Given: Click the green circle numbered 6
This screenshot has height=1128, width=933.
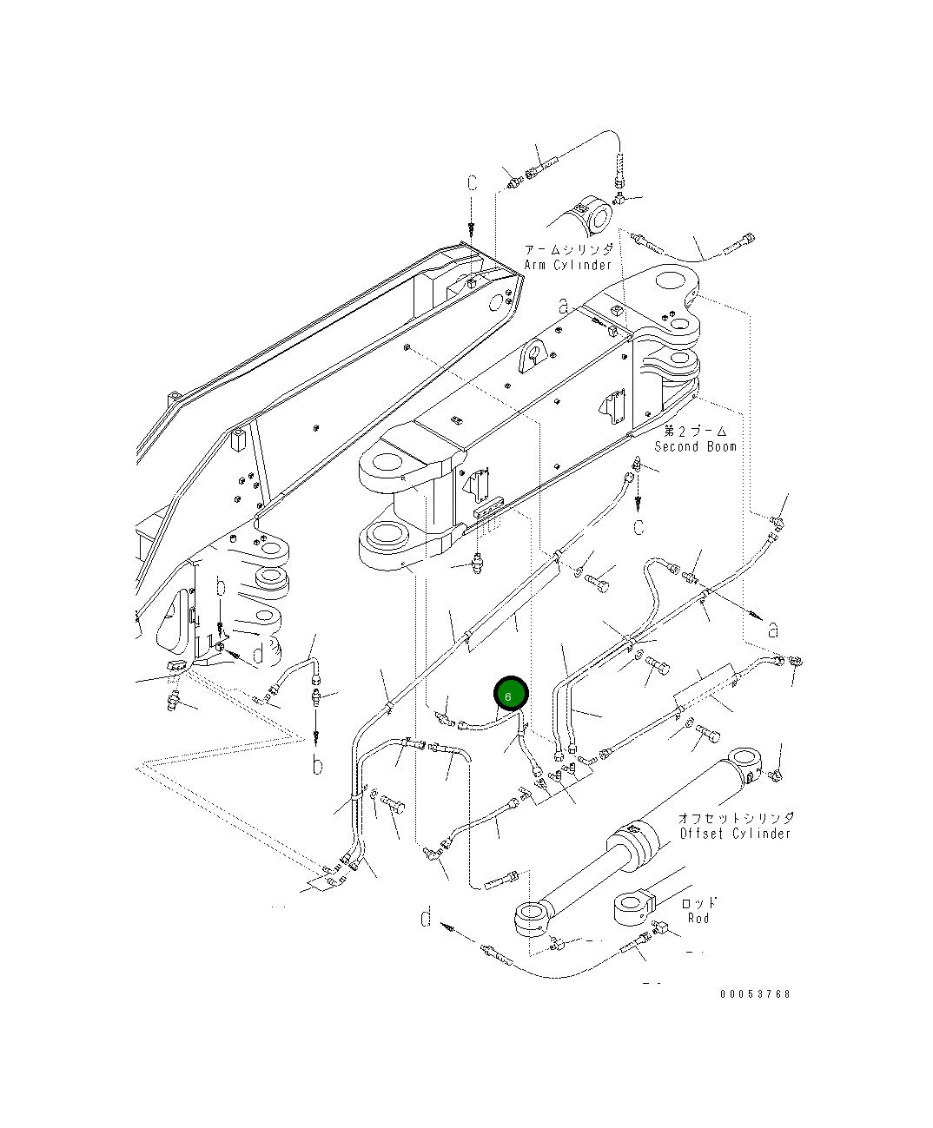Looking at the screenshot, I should tap(510, 695).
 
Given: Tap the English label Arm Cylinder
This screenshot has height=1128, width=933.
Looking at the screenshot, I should tap(568, 265).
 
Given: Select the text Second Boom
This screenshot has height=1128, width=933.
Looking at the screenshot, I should tap(695, 446).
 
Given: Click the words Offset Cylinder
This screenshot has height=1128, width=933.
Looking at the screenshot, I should tap(735, 834).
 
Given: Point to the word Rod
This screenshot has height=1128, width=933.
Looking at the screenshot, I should tap(698, 918).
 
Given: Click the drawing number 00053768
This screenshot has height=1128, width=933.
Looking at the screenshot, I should tap(755, 994).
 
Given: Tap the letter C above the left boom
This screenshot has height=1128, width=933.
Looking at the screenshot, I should tap(473, 184).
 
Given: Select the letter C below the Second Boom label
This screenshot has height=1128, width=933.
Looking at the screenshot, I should tap(639, 527).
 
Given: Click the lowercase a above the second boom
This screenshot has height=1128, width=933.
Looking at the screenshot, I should tap(564, 306).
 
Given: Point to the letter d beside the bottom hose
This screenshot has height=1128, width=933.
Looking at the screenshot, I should tap(426, 917).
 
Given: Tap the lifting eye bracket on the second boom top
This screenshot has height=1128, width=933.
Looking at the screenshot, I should tap(533, 356).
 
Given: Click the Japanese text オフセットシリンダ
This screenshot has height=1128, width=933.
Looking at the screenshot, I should tap(735, 818).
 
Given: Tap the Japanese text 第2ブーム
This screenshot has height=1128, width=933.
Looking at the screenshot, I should tap(695, 431).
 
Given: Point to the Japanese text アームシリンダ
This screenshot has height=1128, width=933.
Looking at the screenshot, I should tap(568, 249).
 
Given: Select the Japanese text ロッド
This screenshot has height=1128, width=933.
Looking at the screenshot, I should tap(698, 903).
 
